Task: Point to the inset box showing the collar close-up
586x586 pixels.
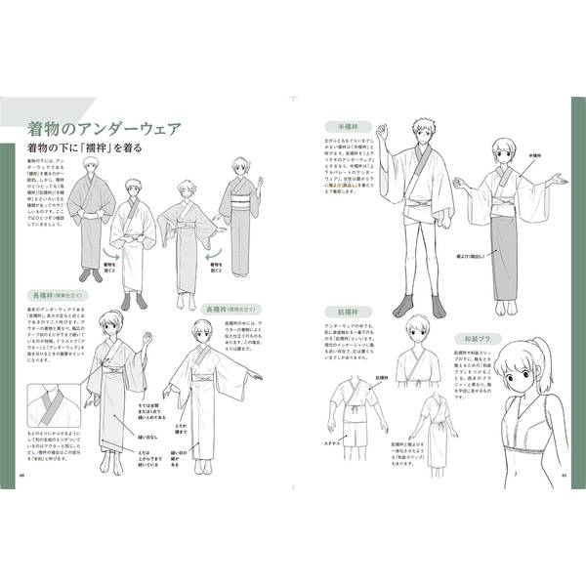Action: click(55, 411)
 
